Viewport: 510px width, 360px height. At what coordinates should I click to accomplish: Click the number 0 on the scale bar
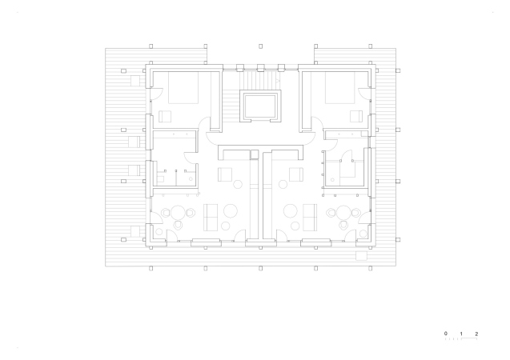click(446, 334)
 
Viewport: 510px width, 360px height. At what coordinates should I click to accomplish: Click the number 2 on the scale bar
click(476, 334)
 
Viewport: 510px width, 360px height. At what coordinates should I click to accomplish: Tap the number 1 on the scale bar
click(461, 334)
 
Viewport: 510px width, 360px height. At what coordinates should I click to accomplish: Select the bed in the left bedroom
click(183, 88)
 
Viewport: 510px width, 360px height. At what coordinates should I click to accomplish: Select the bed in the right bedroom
click(340, 88)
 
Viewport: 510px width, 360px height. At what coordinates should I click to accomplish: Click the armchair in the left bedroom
click(165, 116)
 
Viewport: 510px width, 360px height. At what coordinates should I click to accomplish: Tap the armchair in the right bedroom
click(356, 116)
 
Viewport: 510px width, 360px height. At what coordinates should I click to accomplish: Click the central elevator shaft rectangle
click(260, 106)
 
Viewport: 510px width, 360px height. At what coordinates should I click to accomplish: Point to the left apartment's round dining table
click(178, 213)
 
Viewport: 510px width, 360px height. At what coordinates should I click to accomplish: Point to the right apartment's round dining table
click(343, 213)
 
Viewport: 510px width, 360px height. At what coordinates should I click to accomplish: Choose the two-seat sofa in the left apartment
click(211, 218)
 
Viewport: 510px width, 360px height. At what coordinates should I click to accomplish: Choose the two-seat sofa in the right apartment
click(310, 218)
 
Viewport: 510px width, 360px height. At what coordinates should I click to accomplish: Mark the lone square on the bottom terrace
click(361, 256)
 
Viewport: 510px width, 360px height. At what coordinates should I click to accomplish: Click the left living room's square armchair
click(225, 174)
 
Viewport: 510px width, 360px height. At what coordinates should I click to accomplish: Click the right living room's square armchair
click(296, 174)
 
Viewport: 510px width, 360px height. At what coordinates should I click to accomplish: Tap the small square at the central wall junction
click(254, 154)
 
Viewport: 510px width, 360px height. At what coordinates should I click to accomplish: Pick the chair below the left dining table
click(178, 225)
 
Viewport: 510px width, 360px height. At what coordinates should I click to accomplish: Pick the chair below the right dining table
click(343, 225)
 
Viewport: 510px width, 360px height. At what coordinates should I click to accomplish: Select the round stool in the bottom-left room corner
click(159, 232)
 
